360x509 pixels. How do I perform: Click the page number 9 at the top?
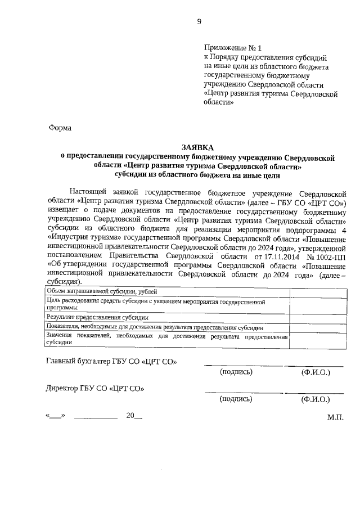(199, 22)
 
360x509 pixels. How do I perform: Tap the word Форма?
(60, 128)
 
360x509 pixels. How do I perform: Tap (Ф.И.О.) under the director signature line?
(315, 400)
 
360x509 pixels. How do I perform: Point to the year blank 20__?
(134, 416)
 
